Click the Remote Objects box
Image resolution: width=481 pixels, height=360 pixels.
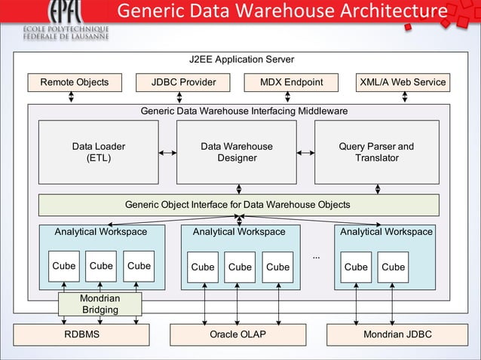[x=74, y=82]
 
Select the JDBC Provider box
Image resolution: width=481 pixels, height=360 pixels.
[x=183, y=82]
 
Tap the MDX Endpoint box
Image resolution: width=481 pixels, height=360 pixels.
[x=291, y=82]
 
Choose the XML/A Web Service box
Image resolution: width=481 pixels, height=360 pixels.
[x=403, y=82]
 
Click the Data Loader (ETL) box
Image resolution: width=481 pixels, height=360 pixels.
[x=99, y=152]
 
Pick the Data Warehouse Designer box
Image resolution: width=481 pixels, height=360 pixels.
[x=237, y=152]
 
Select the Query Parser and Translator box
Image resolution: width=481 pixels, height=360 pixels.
[x=376, y=152]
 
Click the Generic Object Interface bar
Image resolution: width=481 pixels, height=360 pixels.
[x=238, y=205]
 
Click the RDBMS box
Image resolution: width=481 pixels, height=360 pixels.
[x=81, y=334]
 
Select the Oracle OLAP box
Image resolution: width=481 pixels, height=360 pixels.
[x=238, y=334]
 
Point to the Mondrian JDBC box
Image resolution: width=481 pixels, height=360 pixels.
[x=397, y=334]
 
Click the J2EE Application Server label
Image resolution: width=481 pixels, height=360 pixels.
[x=240, y=59]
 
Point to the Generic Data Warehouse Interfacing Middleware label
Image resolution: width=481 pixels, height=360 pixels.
[x=244, y=111]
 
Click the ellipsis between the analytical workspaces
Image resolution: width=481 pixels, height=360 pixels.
[x=317, y=258]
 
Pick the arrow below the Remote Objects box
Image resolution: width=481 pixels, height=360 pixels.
[x=72, y=97]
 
